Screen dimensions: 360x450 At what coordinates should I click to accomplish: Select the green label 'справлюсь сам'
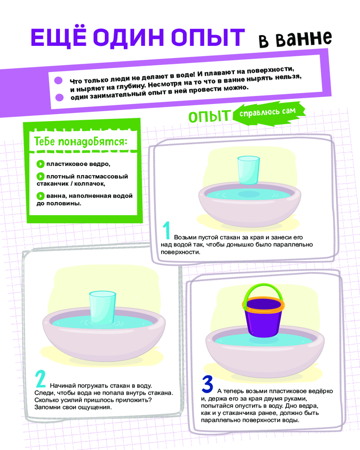coord(268,112)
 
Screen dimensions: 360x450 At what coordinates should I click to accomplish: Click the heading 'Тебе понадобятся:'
coord(81,141)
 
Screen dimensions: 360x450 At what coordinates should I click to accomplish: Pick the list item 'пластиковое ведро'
coord(78,164)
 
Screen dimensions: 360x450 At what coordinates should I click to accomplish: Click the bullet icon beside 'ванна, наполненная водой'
coord(40,196)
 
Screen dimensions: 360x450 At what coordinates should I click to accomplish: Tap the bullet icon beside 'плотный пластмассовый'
coord(40,176)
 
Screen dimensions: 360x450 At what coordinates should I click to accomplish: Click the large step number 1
coord(167,230)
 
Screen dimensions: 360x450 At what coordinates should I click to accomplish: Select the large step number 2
coord(40,379)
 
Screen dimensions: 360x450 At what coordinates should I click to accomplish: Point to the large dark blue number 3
coord(207,384)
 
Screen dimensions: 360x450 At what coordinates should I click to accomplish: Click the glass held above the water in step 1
coord(248,170)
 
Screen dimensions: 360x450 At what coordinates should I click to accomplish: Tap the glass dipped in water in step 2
coord(103,308)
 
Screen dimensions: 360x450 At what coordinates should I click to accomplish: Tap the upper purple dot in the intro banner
coord(58,81)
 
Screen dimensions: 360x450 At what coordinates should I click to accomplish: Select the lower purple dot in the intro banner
coord(59,97)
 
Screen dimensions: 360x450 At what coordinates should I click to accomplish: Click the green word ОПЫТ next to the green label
coord(210,116)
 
